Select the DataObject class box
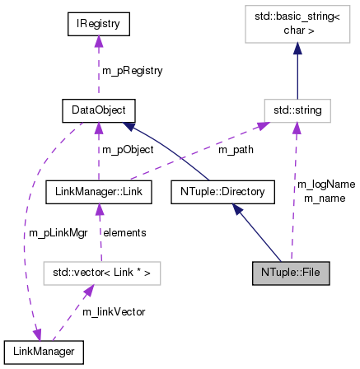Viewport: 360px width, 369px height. [98, 109]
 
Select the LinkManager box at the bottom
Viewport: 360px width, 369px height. [44, 352]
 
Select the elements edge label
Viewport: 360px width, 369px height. [125, 233]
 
